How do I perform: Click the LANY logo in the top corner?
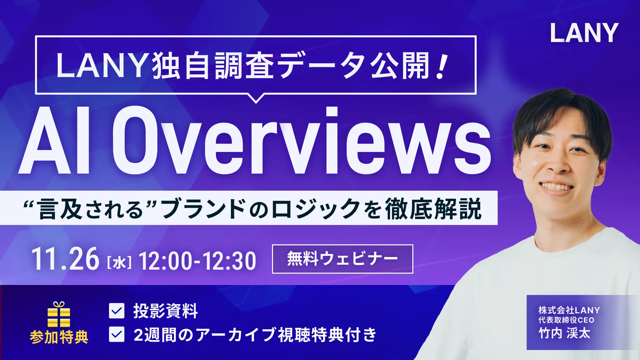coord(584,33)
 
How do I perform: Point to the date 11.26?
coord(65,259)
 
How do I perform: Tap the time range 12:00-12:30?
coord(197,261)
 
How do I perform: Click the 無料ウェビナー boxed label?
coord(342,259)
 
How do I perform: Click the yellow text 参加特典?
coord(59,337)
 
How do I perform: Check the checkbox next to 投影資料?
coord(117,311)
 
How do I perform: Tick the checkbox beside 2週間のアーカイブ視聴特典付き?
coord(117,334)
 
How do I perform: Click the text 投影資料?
coord(165,311)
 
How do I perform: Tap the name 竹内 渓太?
coord(564,333)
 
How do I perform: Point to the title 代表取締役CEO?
coord(566,320)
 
